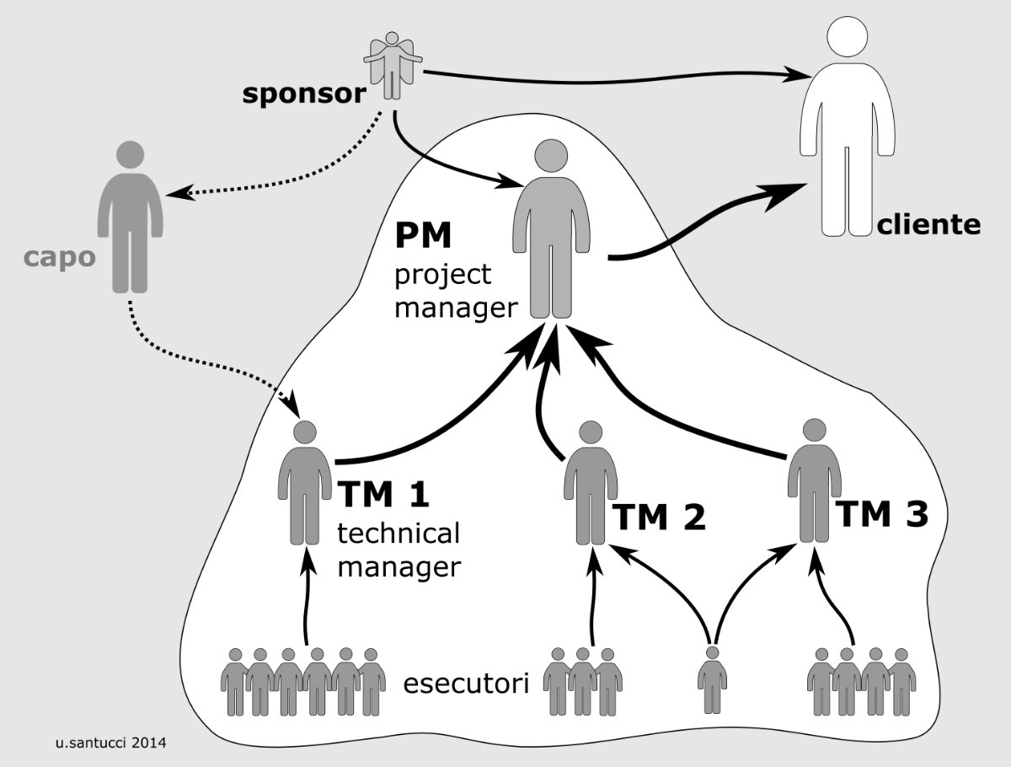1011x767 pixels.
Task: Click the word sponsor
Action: point(303,93)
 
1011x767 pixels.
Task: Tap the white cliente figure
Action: point(846,126)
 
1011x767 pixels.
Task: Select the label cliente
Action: point(928,224)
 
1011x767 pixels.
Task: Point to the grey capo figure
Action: point(131,219)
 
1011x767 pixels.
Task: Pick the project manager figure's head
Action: point(553,158)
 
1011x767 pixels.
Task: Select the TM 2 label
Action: point(658,518)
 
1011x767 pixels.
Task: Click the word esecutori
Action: point(467,683)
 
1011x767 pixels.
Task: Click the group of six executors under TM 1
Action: point(302,681)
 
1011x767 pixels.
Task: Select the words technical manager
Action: point(399,550)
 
